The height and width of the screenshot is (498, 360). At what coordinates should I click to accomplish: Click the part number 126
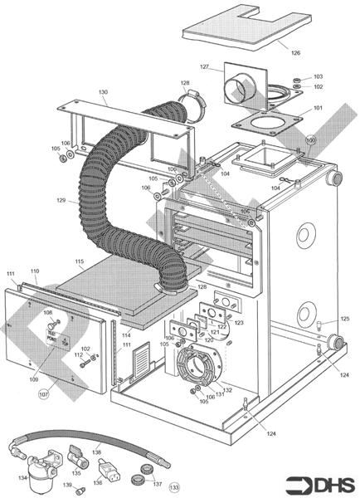[295, 52]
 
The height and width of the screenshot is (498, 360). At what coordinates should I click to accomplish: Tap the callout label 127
[204, 67]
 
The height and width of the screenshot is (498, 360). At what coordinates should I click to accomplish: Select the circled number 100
[311, 141]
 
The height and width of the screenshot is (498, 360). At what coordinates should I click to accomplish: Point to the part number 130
[103, 92]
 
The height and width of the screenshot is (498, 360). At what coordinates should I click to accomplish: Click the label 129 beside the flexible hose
[61, 202]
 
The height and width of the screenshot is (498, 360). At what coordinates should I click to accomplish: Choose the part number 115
[79, 262]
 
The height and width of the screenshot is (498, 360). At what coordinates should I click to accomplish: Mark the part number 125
[345, 319]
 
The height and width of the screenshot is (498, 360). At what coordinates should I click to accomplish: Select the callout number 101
[318, 108]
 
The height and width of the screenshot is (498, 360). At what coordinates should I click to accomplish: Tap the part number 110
[35, 271]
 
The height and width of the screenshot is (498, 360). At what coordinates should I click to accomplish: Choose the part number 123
[239, 322]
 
